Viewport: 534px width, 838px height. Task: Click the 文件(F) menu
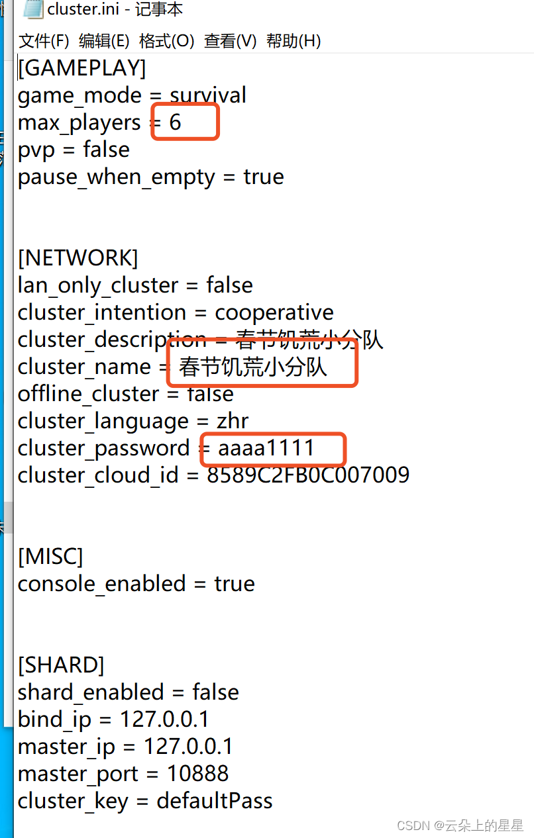point(44,41)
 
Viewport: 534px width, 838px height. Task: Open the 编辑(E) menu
point(104,41)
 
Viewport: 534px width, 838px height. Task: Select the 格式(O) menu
point(166,41)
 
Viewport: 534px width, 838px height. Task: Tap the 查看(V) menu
point(230,41)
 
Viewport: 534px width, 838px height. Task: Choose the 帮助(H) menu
point(294,41)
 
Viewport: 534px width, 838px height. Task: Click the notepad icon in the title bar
point(32,9)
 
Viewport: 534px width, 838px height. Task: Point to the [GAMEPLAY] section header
point(81,68)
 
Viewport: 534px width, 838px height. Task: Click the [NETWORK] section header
point(78,257)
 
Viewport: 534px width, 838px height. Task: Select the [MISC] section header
point(50,557)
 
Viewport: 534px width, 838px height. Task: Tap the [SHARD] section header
point(61,665)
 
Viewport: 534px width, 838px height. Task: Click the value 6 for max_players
point(175,122)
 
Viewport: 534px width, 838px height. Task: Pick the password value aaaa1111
point(266,448)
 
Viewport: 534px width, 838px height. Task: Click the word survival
point(208,95)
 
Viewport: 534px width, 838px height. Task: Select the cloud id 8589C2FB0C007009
point(308,475)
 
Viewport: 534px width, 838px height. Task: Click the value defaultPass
point(215,801)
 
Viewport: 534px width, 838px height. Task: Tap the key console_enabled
point(101,584)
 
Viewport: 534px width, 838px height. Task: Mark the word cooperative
point(274,312)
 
